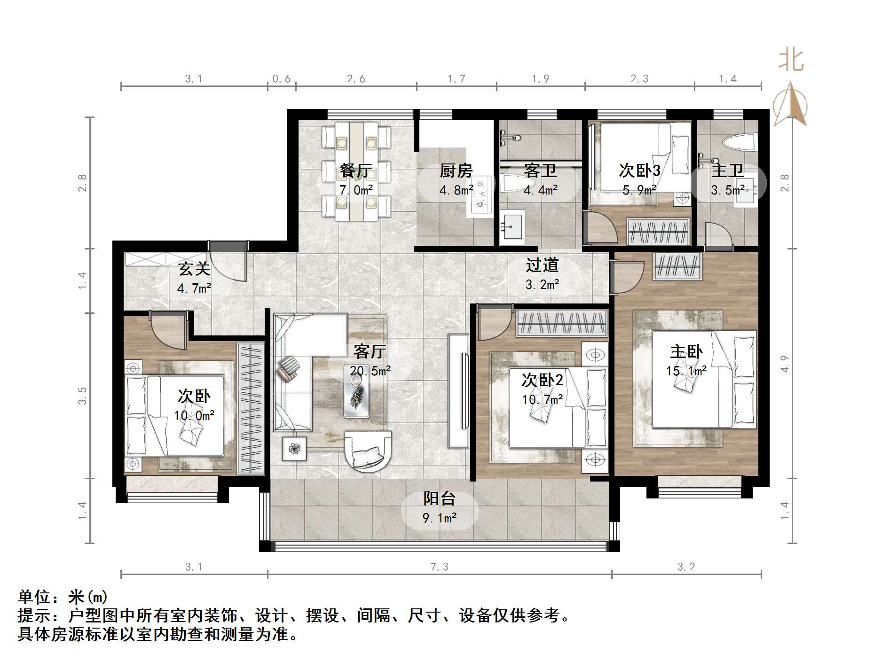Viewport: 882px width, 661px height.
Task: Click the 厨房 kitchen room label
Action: click(456, 171)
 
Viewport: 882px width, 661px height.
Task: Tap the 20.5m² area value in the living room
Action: click(370, 371)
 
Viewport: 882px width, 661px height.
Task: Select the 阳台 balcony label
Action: click(439, 498)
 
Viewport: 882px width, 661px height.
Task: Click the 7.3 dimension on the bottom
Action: click(439, 567)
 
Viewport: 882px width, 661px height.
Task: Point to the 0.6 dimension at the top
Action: click(281, 78)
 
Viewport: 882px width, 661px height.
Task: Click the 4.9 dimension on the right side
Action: click(784, 363)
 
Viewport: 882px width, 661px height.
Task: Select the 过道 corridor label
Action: click(542, 265)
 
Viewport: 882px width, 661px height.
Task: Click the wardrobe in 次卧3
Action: click(658, 232)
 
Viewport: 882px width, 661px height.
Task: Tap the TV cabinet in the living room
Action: click(458, 391)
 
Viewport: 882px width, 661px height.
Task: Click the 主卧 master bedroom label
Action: click(686, 351)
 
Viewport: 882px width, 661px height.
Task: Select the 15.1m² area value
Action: click(686, 371)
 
